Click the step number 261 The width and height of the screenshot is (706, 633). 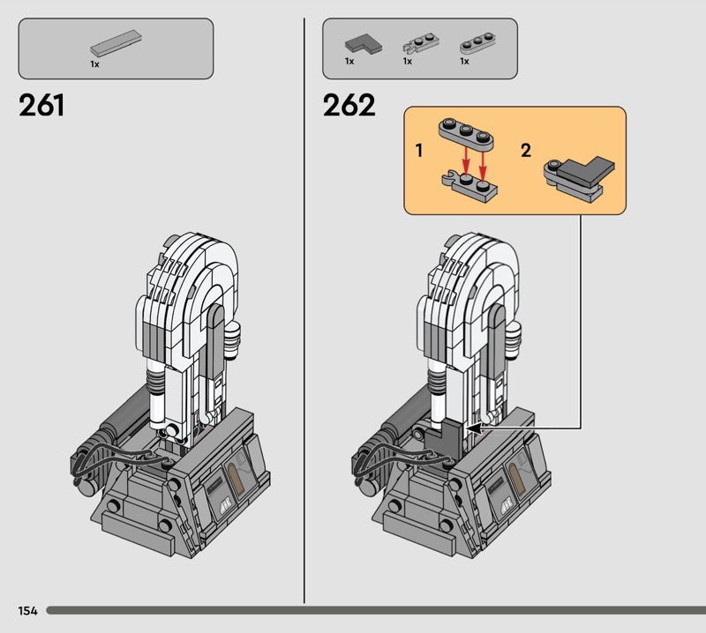click(x=41, y=105)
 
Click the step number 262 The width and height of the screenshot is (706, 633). click(x=349, y=105)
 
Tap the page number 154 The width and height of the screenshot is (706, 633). click(x=28, y=610)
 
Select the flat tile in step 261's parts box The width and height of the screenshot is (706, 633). click(x=116, y=43)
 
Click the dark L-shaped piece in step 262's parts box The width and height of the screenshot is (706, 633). click(x=364, y=45)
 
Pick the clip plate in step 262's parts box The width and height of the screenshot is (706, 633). click(x=420, y=43)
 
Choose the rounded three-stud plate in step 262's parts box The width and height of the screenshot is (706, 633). click(x=477, y=44)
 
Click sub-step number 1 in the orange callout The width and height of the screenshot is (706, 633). click(x=419, y=150)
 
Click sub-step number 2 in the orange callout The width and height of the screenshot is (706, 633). click(x=526, y=150)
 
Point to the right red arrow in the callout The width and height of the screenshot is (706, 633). click(x=483, y=166)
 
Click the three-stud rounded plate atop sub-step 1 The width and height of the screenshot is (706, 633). click(x=467, y=134)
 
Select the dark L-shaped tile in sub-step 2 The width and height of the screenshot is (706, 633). click(x=587, y=171)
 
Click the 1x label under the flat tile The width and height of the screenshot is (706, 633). click(x=94, y=64)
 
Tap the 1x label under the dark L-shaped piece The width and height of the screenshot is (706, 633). click(x=349, y=61)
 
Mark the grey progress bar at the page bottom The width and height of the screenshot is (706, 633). click(x=376, y=610)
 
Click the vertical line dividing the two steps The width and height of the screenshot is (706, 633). click(x=304, y=310)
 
